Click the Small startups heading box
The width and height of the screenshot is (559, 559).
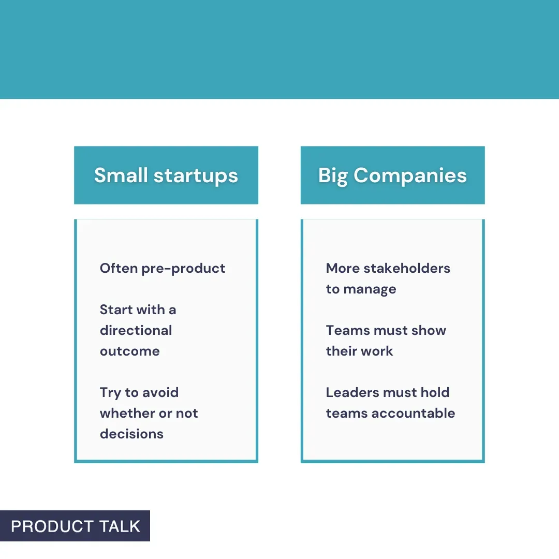166,175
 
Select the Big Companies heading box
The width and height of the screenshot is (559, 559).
392,175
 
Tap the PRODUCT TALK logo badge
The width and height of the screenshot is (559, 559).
75,526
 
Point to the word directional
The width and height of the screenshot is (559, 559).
136,330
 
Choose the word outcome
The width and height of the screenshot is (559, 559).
129,351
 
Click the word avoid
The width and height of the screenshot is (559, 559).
160,392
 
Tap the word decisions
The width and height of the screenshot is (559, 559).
131,434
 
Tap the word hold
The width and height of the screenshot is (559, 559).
435,392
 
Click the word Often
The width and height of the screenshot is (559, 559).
119,268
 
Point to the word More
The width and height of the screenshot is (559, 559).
343,268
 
